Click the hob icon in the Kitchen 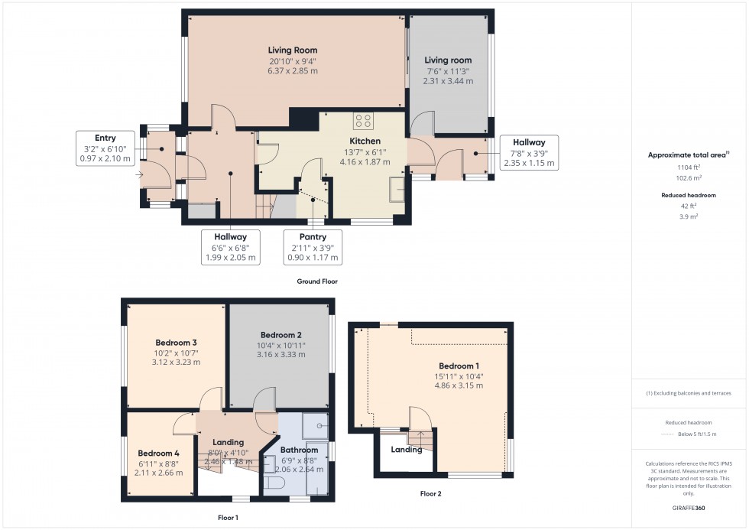(364, 121)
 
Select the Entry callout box (105, 148)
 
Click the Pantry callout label (313, 248)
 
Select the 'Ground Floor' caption (317, 281)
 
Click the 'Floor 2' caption (430, 494)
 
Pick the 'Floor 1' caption (228, 518)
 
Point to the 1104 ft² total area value (689, 167)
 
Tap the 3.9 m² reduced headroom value (689, 216)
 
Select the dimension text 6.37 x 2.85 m (292, 71)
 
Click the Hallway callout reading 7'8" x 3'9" (529, 152)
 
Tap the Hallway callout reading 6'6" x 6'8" (231, 248)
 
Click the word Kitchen (365, 141)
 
